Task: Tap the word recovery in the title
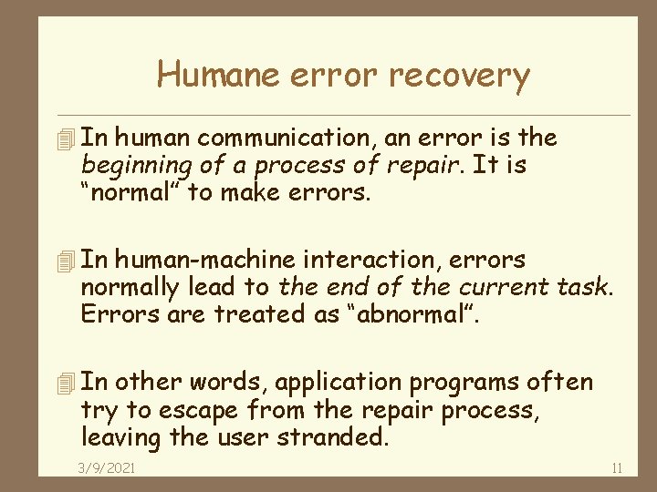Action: (459, 76)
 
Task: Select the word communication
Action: (288, 138)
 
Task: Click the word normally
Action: (130, 288)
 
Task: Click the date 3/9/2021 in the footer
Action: (106, 468)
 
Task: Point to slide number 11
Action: (617, 468)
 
